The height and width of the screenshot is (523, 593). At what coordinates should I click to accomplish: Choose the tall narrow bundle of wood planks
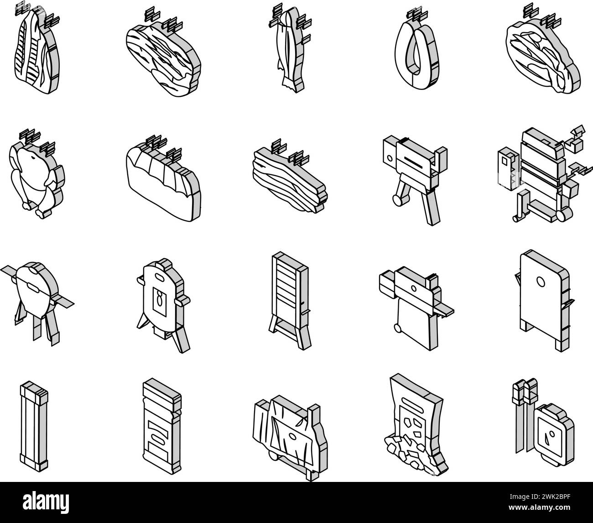34,424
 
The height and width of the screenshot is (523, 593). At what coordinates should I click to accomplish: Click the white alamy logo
46,502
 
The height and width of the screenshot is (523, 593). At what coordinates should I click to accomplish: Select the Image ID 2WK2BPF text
540,497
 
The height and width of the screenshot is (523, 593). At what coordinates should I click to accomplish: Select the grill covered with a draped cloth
290,436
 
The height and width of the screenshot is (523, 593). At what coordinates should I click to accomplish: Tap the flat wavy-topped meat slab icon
163,178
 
